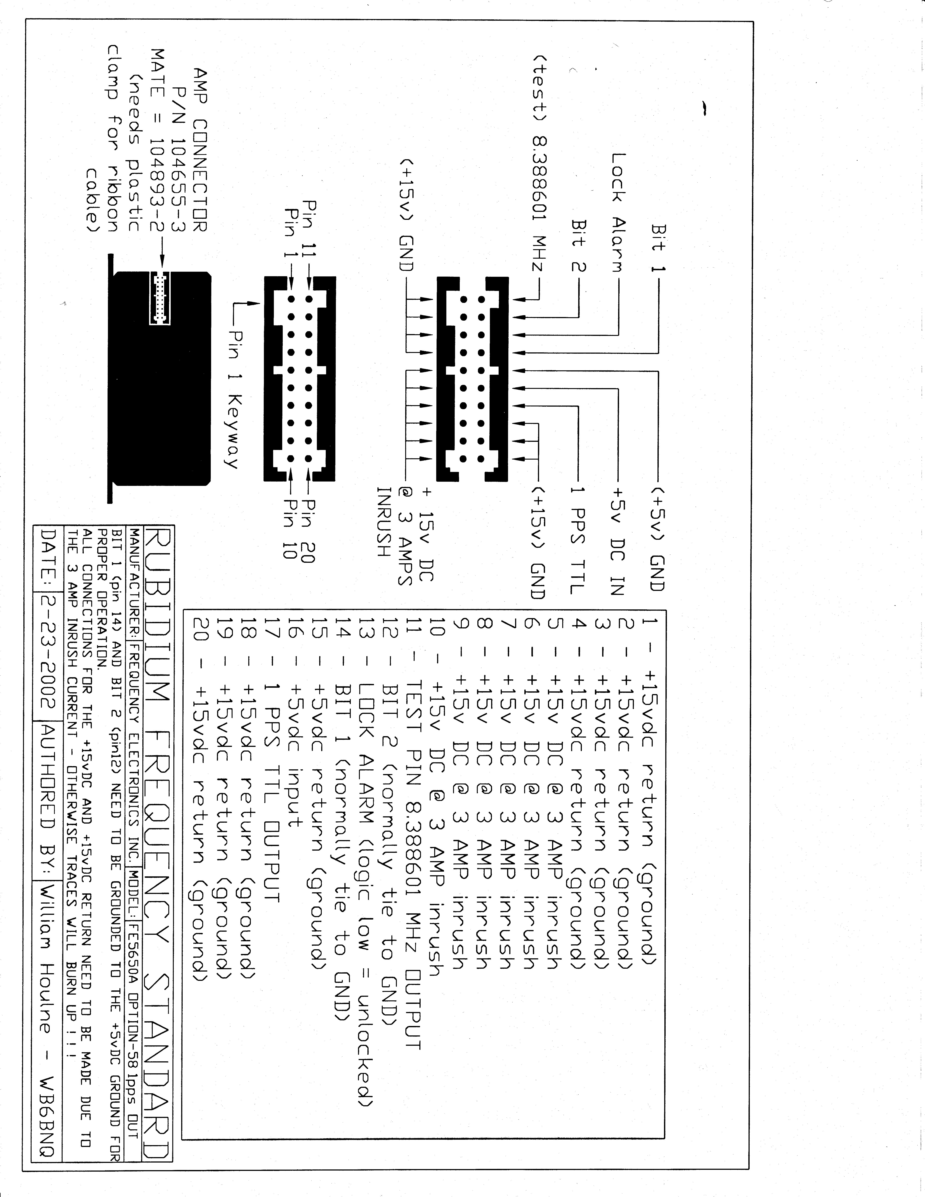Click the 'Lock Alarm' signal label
click(x=618, y=213)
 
